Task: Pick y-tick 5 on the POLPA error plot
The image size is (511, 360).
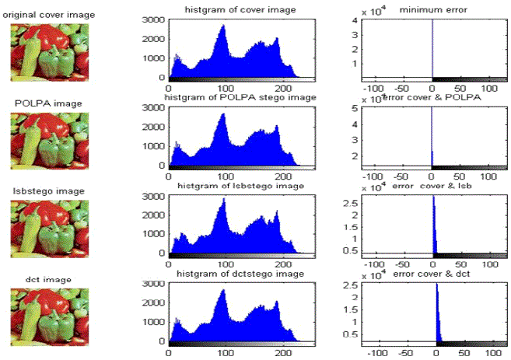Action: (354, 108)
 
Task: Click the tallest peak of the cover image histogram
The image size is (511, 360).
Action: (223, 26)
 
